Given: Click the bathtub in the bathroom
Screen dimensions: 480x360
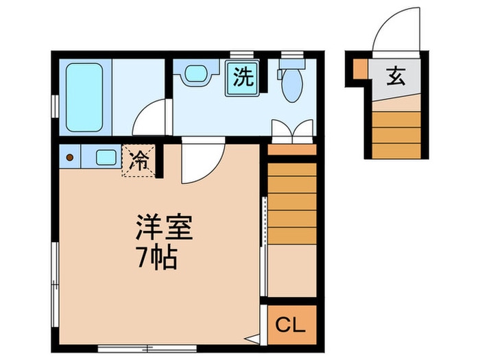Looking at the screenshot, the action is tap(84, 97).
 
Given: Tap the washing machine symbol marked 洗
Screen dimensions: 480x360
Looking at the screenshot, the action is tap(243, 77).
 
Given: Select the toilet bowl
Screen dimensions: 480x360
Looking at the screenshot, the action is tap(292, 86).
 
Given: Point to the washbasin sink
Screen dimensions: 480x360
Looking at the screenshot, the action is tap(197, 74).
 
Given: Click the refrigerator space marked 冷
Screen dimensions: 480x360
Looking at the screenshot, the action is tap(139, 160).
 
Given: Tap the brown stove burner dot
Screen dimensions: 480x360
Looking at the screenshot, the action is tap(70, 157).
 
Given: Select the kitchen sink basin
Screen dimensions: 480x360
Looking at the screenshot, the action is tap(106, 158).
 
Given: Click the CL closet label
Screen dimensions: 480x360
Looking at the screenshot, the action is tap(290, 325).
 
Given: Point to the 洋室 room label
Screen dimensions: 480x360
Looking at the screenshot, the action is tap(164, 227).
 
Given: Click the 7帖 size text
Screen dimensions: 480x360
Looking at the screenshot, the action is tap(157, 257).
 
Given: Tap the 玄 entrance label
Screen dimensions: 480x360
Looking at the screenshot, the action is tap(396, 76).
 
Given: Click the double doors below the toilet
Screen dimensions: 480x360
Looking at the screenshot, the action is tap(292, 131).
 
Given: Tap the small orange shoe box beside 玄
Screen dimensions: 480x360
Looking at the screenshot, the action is tap(360, 69).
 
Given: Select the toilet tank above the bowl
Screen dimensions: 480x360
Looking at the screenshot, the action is tap(292, 64).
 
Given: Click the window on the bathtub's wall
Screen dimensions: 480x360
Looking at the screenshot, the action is tap(55, 106).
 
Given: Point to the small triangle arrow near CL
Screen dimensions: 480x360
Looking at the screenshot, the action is tap(252, 339).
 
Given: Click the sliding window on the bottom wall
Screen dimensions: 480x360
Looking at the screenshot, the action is tap(147, 348).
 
